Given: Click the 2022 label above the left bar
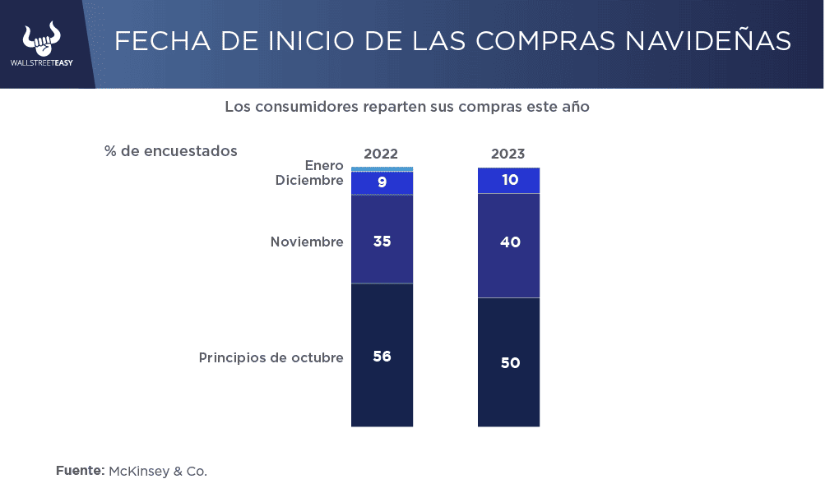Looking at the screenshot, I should (x=381, y=154).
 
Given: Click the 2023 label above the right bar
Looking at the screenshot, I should (x=508, y=154).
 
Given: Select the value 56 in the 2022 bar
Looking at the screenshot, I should (x=382, y=357).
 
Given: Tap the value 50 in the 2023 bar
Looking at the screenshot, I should (x=510, y=362).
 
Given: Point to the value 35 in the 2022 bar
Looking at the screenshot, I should (x=382, y=242).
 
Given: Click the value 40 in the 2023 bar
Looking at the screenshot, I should (x=510, y=242).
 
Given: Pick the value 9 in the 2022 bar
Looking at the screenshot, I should (x=382, y=182).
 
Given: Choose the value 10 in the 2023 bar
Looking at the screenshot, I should (x=510, y=179).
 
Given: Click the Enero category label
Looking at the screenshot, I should (x=323, y=166).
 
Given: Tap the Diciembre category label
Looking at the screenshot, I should (x=309, y=180).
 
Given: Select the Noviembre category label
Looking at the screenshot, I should (x=307, y=242).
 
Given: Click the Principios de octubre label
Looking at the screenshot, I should (x=271, y=358).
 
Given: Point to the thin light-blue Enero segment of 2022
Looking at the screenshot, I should (x=382, y=168).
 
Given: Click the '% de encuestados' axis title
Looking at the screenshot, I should (x=171, y=151).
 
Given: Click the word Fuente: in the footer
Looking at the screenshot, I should (x=80, y=471).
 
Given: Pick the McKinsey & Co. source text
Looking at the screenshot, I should (x=158, y=471).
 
